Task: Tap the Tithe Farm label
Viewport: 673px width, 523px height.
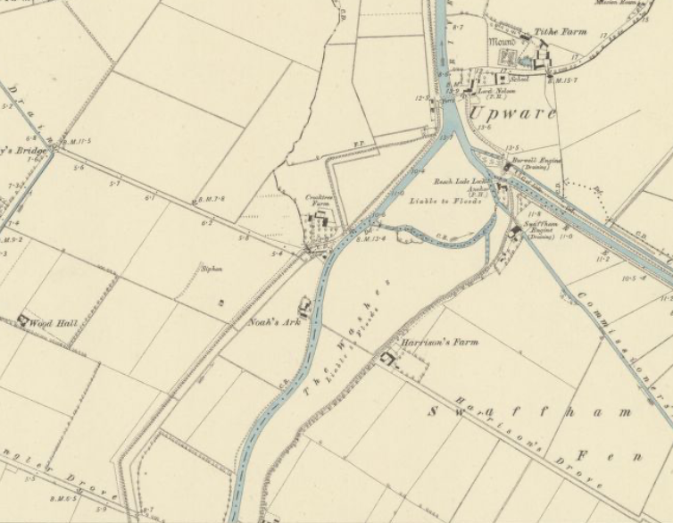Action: [561, 32]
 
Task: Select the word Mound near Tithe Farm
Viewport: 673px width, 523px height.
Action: [503, 41]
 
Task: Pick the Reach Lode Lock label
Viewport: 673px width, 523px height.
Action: [483, 180]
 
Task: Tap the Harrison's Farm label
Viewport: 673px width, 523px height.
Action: [439, 342]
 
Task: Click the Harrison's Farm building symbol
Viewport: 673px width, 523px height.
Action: [388, 359]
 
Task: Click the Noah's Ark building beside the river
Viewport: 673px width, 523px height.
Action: [305, 307]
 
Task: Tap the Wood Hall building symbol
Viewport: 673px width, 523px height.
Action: [21, 320]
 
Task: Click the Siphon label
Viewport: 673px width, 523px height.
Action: [211, 268]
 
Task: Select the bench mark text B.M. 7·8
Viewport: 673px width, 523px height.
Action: [210, 199]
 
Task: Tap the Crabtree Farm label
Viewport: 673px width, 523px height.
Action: [319, 200]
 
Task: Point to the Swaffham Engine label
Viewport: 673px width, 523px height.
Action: [544, 228]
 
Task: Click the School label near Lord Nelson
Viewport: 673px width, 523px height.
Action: [521, 79]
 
